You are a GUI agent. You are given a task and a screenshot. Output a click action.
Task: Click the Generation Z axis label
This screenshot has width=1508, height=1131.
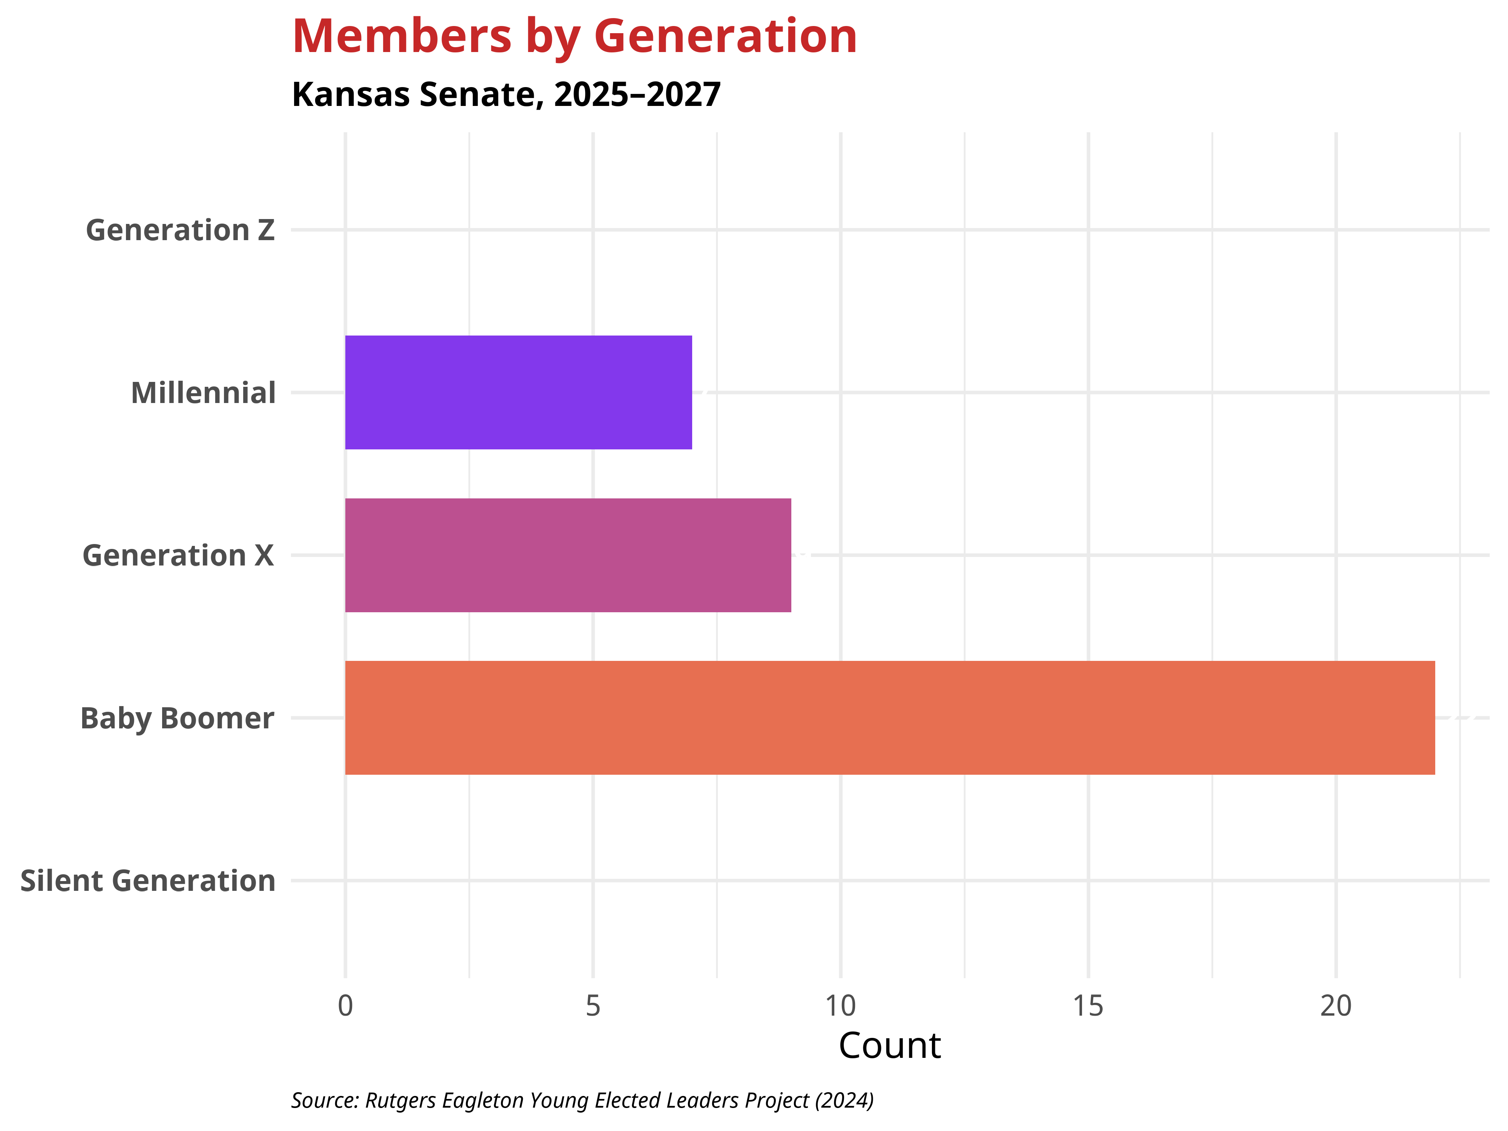click(180, 230)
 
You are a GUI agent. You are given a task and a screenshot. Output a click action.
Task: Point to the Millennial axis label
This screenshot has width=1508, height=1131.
click(203, 393)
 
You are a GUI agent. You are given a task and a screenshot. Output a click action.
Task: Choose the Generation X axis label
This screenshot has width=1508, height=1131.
click(178, 556)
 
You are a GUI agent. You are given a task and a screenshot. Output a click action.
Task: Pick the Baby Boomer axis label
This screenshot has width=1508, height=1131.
click(177, 719)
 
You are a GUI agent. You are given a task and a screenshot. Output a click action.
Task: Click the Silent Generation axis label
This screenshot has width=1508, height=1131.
click(148, 881)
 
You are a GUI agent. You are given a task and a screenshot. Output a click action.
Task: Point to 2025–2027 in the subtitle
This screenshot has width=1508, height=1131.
click(638, 95)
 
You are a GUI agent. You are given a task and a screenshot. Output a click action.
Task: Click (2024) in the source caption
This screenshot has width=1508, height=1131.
click(844, 1100)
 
